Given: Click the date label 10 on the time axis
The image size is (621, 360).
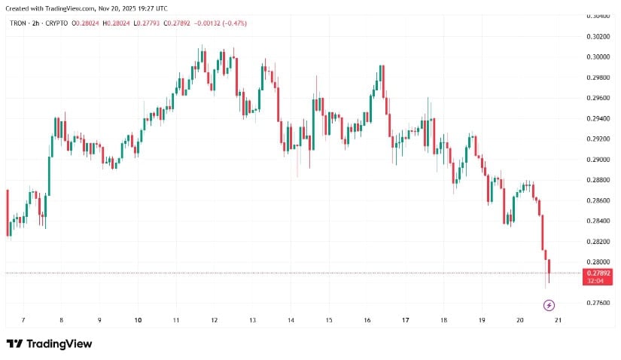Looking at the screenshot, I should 138,320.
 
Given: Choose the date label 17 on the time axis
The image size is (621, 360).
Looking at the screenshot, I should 405,320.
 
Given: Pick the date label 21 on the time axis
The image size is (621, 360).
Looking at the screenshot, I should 558,320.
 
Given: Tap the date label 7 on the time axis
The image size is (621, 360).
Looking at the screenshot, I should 23,320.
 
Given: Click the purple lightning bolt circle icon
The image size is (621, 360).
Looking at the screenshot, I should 549,305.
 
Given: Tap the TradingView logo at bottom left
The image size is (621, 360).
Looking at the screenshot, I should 49,343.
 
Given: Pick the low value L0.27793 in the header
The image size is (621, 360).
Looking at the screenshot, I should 148,23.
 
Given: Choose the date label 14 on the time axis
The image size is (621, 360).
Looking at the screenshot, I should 291,320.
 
